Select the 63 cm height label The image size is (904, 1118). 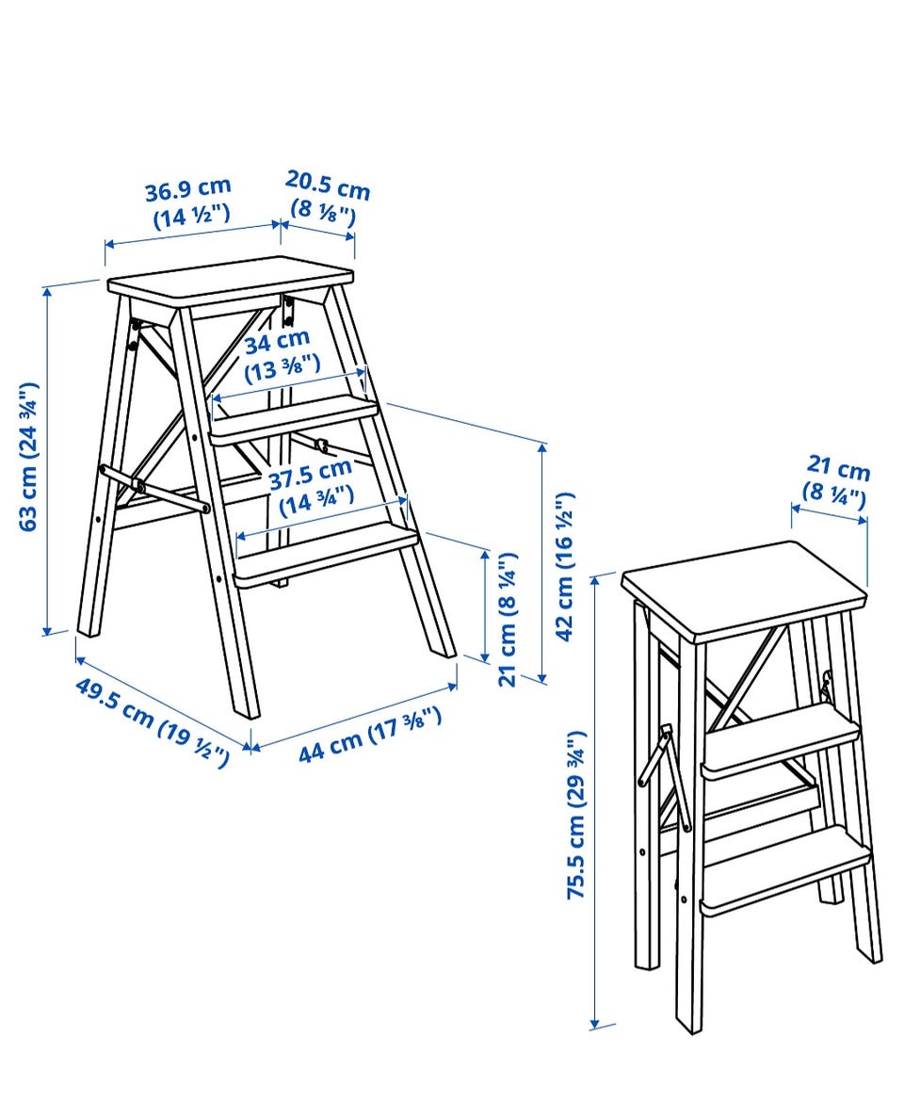pyautogui.click(x=29, y=457)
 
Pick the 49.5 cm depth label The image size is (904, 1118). pyautogui.click(x=153, y=722)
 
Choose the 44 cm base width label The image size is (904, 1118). pyautogui.click(x=369, y=734)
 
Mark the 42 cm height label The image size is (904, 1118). pyautogui.click(x=564, y=567)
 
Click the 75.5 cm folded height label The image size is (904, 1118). pyautogui.click(x=576, y=814)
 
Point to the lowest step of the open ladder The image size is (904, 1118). pyautogui.click(x=327, y=554)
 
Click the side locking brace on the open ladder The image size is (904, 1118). pyautogui.click(x=154, y=489)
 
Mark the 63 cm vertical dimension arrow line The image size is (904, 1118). pyautogui.click(x=48, y=460)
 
